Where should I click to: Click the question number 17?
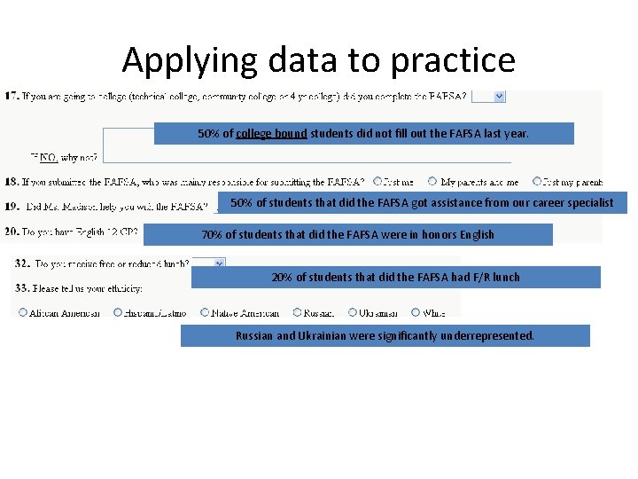pos(14,96)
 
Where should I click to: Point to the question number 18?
pos(14,182)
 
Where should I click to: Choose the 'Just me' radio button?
pos(378,182)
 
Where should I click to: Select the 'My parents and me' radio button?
pos(432,182)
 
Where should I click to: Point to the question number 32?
pos(23,263)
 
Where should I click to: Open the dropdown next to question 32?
pos(218,263)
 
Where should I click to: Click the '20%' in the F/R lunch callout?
pos(282,278)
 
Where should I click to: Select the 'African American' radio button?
pos(19,313)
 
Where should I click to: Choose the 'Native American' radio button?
pos(205,313)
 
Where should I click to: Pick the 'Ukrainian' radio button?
pos(352,313)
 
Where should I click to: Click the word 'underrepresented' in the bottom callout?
pos(492,336)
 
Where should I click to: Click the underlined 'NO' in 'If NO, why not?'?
pos(50,157)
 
